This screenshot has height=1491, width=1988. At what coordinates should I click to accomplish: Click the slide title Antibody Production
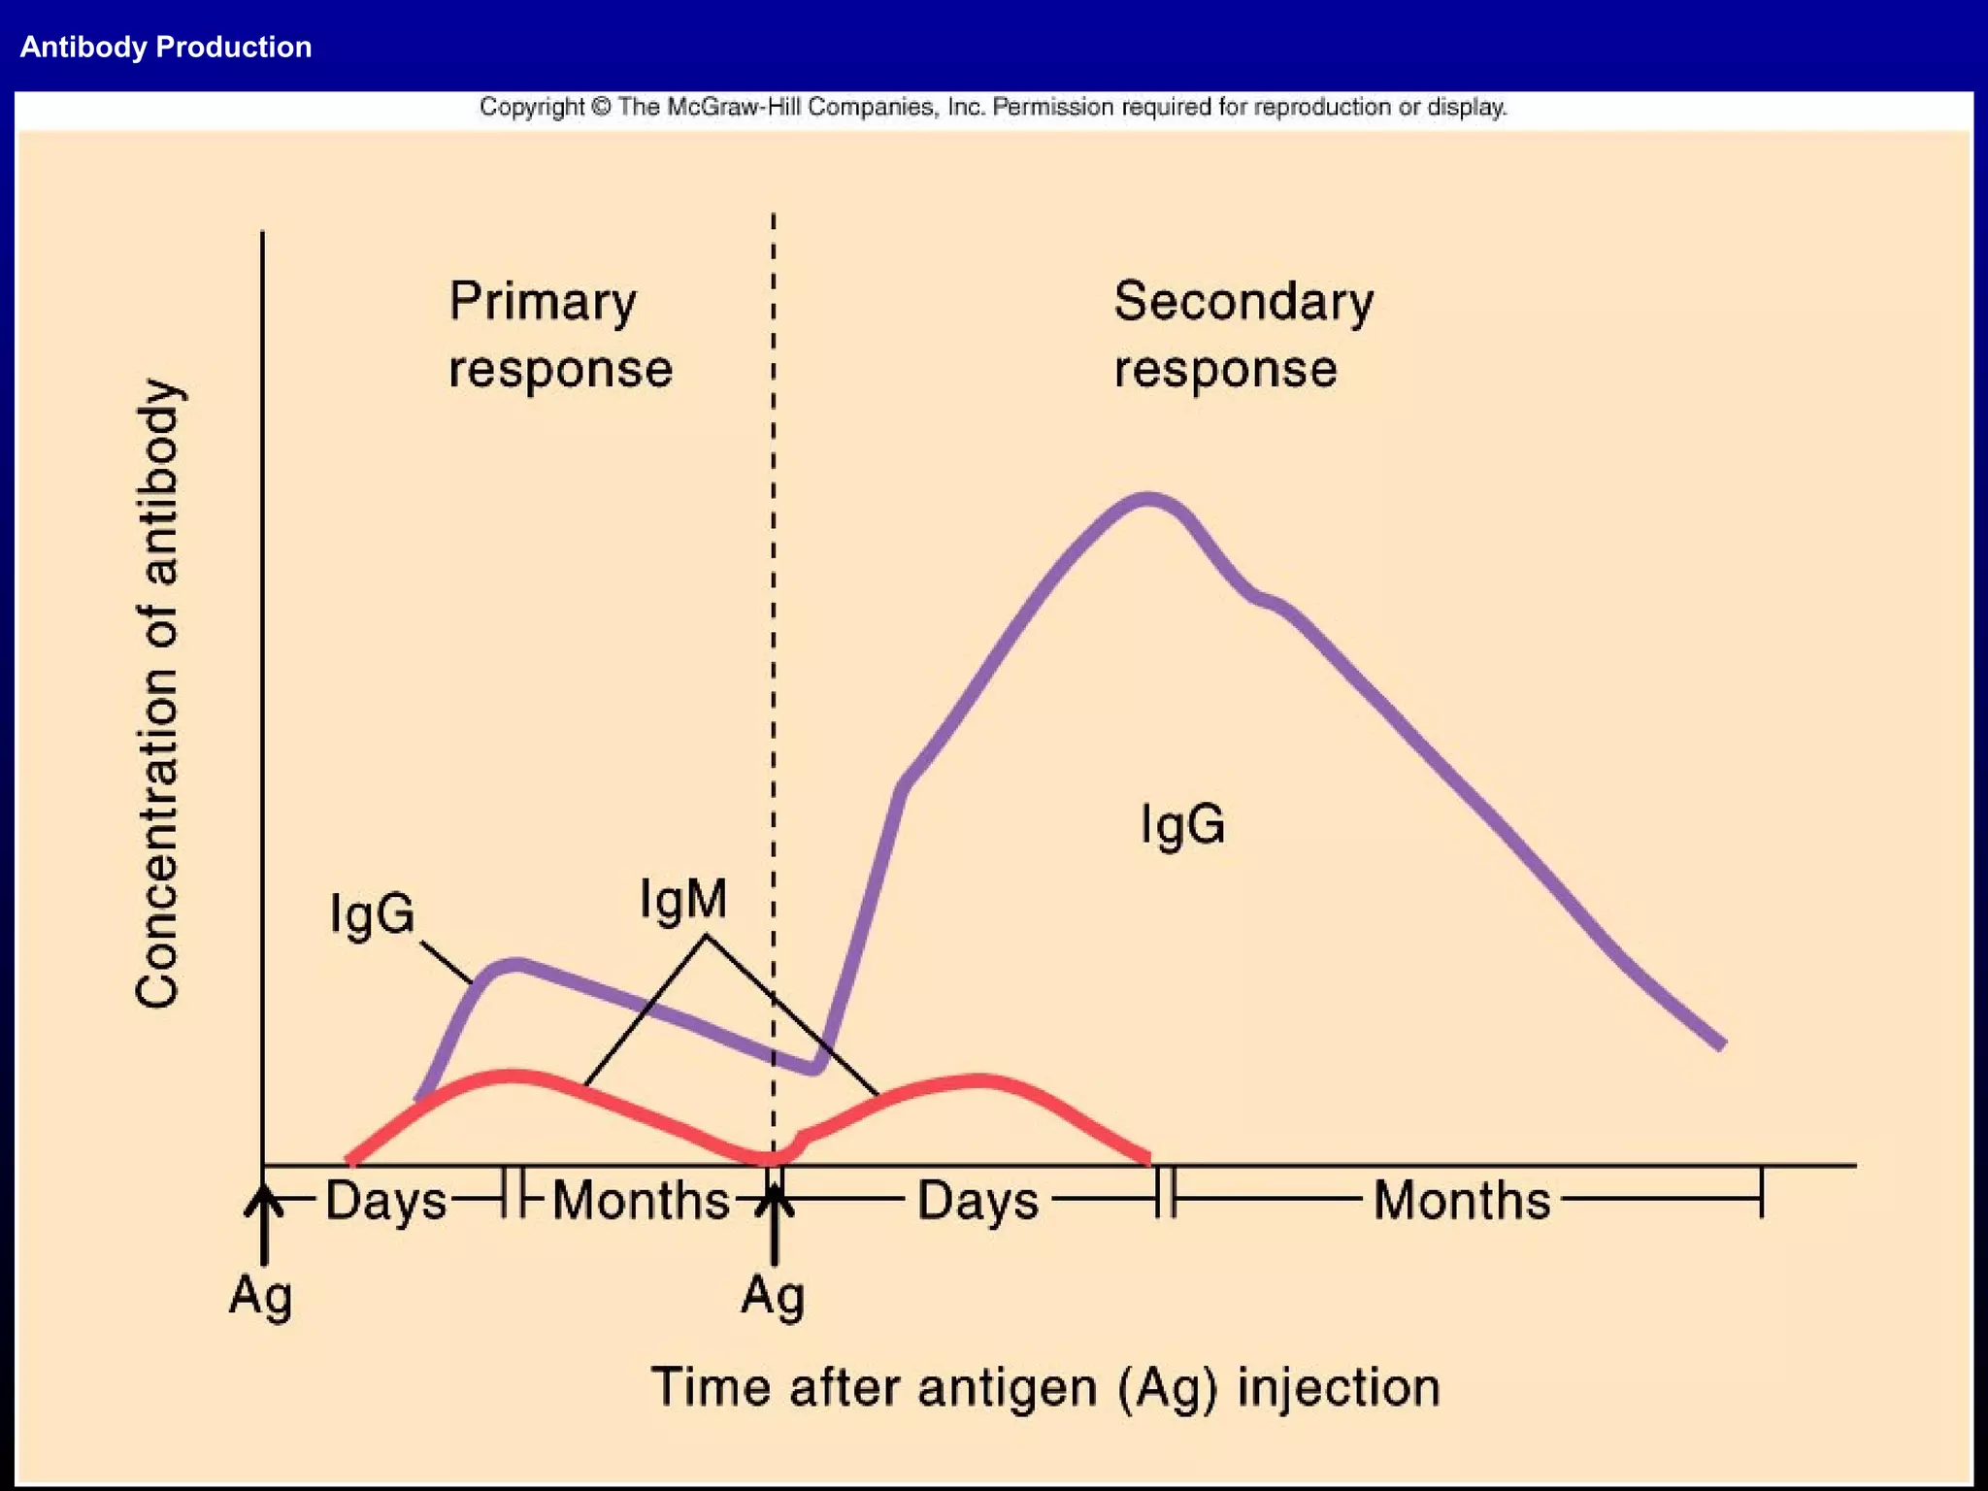point(166,47)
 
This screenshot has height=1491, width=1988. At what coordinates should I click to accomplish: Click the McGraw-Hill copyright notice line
point(992,107)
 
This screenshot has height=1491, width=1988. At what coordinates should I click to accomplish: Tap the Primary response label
point(559,334)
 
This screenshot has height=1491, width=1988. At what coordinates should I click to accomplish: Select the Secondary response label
point(1242,334)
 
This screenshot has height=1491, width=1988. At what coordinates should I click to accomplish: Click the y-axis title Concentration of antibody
point(158,693)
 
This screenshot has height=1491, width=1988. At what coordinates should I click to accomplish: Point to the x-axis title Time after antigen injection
point(1044,1386)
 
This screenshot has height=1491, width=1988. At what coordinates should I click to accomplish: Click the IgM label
point(682,899)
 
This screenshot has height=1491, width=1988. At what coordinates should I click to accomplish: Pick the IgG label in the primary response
point(372,914)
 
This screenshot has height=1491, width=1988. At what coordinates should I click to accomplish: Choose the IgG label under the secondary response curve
point(1181,825)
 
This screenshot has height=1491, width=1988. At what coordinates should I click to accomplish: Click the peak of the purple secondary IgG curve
point(1147,499)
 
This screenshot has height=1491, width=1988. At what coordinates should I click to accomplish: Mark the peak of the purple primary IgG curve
point(514,964)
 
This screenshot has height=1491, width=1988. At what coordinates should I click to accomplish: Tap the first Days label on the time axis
point(385,1201)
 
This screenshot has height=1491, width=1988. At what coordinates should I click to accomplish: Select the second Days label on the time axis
point(977,1201)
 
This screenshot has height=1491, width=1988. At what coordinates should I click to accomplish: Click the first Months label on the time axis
point(641,1201)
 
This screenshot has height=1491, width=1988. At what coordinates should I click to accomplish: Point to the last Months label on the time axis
point(1461,1201)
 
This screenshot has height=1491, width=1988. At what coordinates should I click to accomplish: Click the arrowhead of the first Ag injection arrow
point(263,1200)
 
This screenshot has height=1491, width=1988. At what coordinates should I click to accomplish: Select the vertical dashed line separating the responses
point(774,582)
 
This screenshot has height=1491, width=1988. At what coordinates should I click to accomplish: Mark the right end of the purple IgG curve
point(1720,1044)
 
